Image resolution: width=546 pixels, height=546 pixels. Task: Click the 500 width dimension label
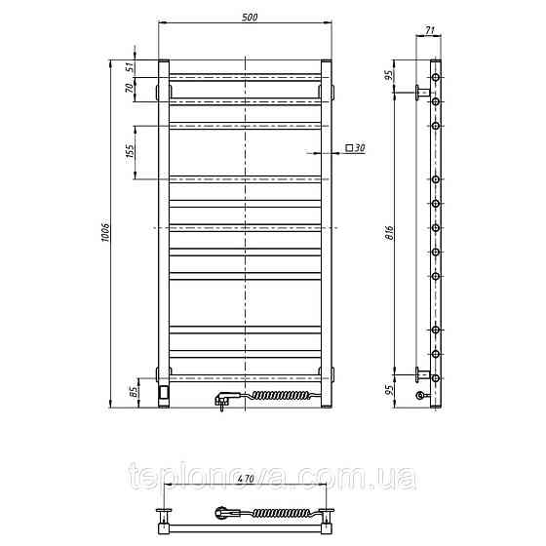click(x=250, y=17)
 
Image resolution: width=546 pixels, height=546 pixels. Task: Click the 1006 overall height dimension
click(x=105, y=230)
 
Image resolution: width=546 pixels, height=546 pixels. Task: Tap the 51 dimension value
click(x=129, y=67)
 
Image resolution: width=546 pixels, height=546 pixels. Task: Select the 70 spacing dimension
click(x=129, y=88)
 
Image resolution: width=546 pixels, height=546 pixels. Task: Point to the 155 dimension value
click(x=130, y=151)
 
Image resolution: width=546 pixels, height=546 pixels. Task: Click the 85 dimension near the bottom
click(x=134, y=392)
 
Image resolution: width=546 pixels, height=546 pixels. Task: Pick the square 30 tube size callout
click(x=355, y=148)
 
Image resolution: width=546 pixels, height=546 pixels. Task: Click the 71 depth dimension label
click(x=430, y=30)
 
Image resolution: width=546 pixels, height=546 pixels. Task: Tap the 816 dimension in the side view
click(x=390, y=233)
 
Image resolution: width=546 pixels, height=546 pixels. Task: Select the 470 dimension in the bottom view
click(x=246, y=479)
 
